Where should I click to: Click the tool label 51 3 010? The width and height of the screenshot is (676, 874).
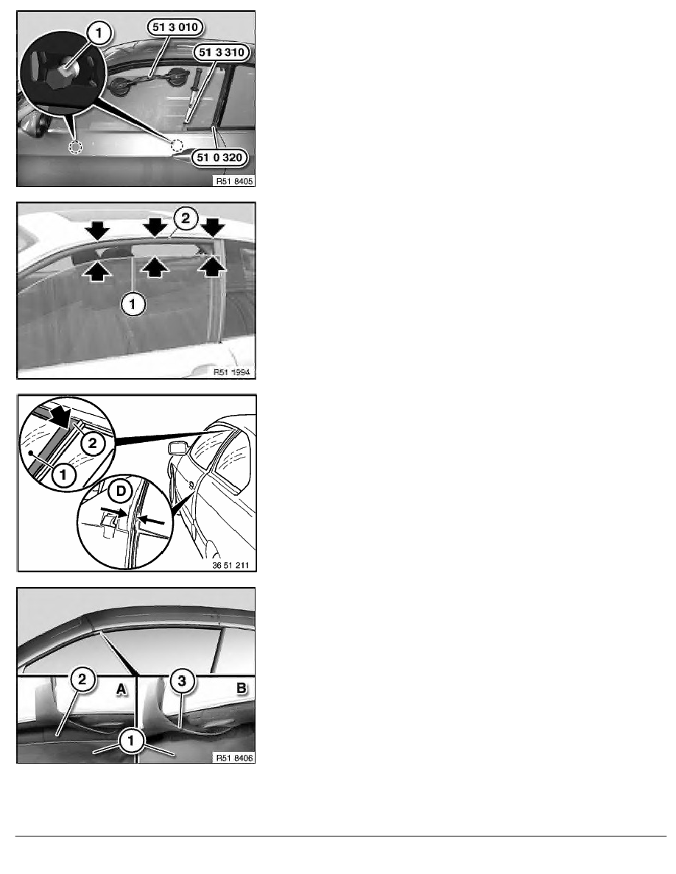pyautogui.click(x=175, y=26)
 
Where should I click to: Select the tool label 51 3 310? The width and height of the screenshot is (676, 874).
pyautogui.click(x=222, y=52)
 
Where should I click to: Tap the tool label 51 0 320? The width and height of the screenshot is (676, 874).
pyautogui.click(x=219, y=157)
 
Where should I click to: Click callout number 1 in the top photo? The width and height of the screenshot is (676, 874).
pyautogui.click(x=99, y=33)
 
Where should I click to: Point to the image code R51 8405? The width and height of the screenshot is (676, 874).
pyautogui.click(x=234, y=181)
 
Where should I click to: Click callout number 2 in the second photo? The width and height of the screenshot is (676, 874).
pyautogui.click(x=186, y=218)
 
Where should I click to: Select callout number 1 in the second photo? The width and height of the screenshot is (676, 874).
pyautogui.click(x=133, y=305)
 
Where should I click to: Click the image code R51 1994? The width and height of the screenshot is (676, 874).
pyautogui.click(x=231, y=372)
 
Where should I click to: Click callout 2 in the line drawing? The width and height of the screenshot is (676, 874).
pyautogui.click(x=93, y=444)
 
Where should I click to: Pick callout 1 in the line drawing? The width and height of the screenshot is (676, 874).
pyautogui.click(x=63, y=475)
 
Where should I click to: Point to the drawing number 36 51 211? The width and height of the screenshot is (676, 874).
pyautogui.click(x=230, y=565)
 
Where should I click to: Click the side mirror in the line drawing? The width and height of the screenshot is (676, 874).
pyautogui.click(x=177, y=449)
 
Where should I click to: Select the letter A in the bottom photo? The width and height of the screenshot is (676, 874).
pyautogui.click(x=122, y=689)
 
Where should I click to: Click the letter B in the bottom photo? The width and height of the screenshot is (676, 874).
pyautogui.click(x=241, y=689)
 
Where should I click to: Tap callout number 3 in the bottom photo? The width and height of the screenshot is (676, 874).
pyautogui.click(x=182, y=681)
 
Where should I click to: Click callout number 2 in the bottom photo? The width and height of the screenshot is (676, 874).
pyautogui.click(x=82, y=680)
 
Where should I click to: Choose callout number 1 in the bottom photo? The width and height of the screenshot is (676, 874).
pyautogui.click(x=132, y=741)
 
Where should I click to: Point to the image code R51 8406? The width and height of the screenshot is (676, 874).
pyautogui.click(x=234, y=758)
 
